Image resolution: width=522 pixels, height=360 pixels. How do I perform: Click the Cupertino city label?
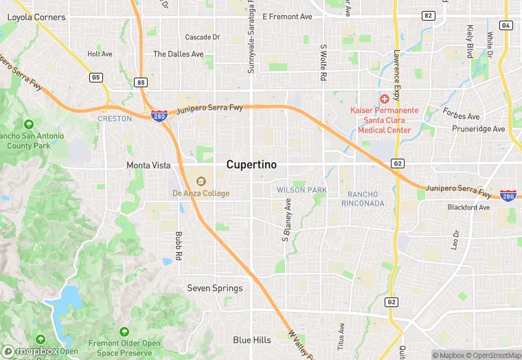tap(251, 166)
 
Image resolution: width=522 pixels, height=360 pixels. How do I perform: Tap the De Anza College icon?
tap(201, 181)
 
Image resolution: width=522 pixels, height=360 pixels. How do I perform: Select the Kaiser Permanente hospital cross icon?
tap(385, 100)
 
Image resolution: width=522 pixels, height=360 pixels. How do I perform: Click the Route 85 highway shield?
tap(141, 82)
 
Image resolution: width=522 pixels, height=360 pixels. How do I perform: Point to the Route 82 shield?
tap(429, 15)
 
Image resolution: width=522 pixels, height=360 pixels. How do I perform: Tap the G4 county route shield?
tap(506, 25)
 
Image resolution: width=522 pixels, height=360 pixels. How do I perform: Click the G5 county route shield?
tap(95, 77)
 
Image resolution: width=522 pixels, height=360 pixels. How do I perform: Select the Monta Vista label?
tap(148, 166)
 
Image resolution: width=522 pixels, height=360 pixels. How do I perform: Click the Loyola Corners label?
tap(36, 16)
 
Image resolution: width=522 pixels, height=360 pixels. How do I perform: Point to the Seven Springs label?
tap(215, 289)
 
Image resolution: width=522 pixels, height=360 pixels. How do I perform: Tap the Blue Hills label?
tap(251, 340)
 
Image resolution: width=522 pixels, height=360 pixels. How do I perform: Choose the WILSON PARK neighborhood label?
tap(302, 190)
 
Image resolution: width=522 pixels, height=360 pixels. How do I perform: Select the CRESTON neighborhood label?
tap(115, 119)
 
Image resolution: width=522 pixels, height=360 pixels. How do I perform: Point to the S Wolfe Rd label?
tap(323, 64)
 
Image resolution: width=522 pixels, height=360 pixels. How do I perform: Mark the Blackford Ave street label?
tap(468, 207)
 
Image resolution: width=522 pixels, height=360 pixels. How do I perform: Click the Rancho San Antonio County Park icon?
tap(28, 124)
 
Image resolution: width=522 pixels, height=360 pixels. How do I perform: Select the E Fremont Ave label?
tap(287, 16)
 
